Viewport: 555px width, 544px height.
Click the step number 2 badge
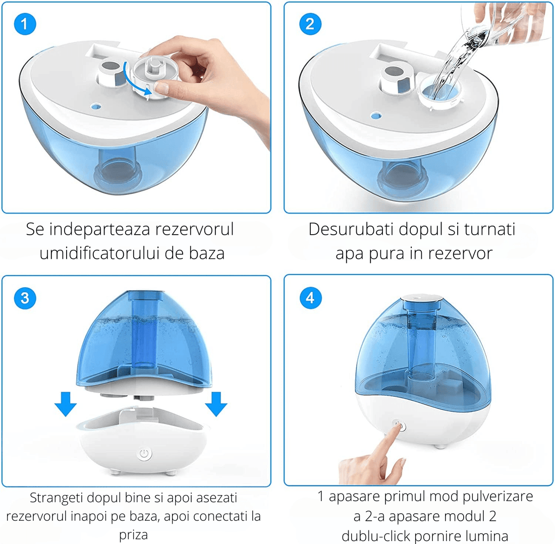coord(310,24)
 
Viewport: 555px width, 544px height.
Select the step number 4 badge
coord(310,298)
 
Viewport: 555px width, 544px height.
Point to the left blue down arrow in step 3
coord(65,404)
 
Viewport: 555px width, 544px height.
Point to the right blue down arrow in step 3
coord(216,404)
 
